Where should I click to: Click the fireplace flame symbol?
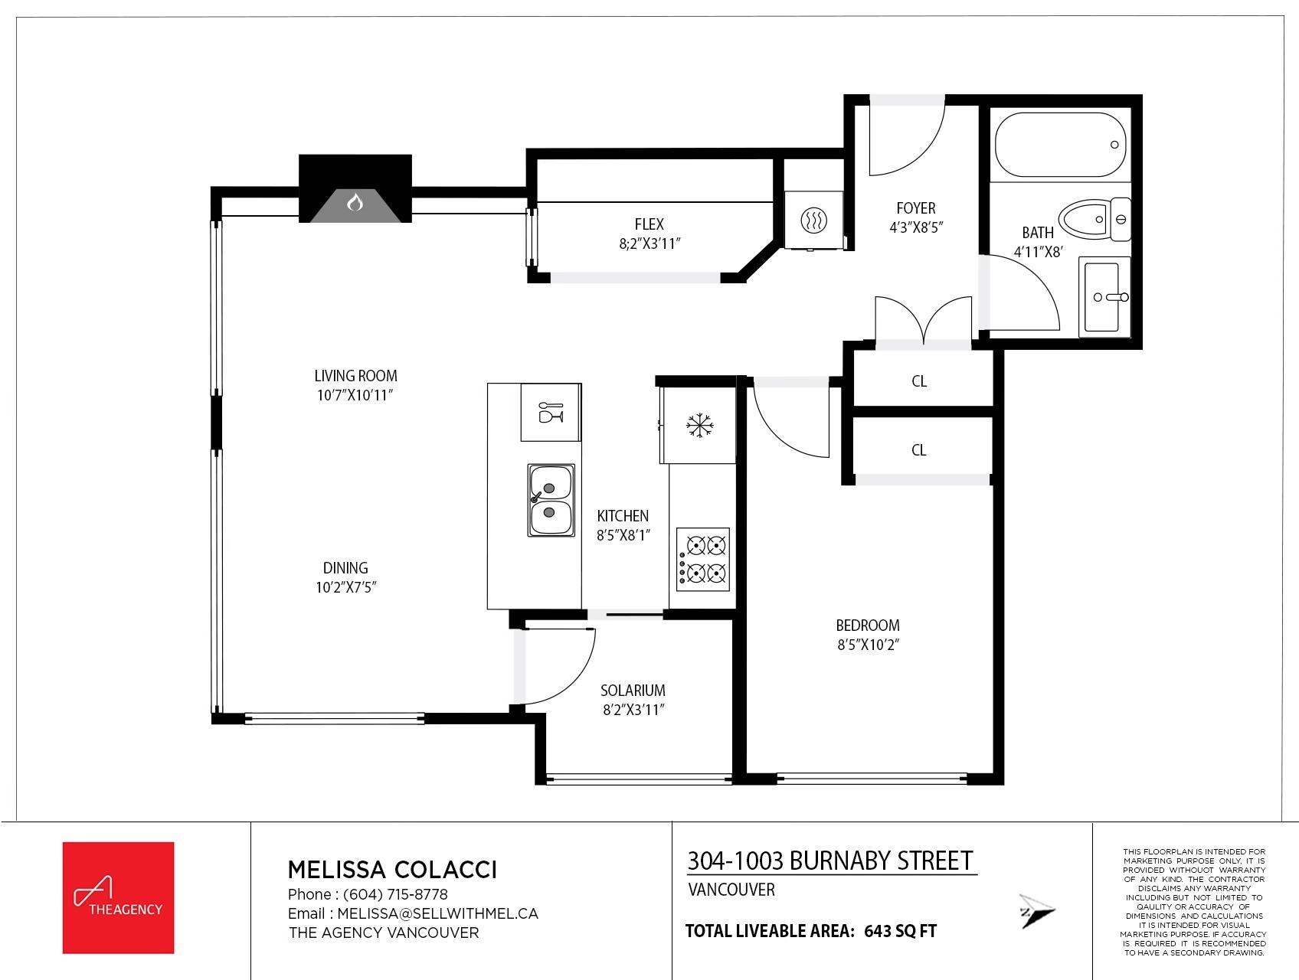point(355,203)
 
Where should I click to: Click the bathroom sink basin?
point(1104,297)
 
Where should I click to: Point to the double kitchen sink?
point(551,499)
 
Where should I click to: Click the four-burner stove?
point(702,557)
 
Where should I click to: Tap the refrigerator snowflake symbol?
point(699,426)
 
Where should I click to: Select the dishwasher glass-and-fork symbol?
point(551,412)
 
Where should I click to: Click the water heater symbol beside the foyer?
point(813,220)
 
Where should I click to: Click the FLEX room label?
point(649,224)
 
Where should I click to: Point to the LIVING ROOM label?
point(355,376)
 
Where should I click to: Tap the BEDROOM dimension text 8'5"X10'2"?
point(867,645)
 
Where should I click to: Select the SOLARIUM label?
point(633,690)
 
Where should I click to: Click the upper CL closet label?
point(919,381)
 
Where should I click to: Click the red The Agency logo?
point(118,897)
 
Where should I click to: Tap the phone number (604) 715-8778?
point(395,894)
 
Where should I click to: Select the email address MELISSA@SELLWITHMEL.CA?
point(437,913)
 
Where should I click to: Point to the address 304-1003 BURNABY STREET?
point(830,861)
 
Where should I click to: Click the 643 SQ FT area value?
point(900,932)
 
